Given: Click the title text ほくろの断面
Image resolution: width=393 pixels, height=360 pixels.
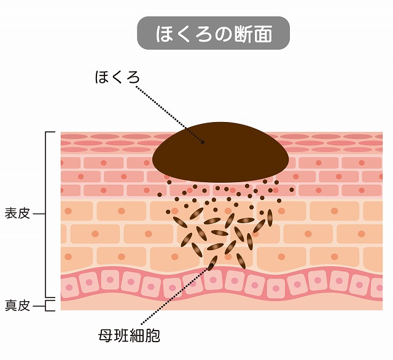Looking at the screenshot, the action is point(214,34).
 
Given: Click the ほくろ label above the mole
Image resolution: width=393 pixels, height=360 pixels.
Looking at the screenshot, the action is point(117,77).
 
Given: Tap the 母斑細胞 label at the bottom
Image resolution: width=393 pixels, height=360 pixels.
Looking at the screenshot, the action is point(129,335).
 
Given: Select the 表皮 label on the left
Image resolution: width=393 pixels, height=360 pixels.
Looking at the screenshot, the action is point(17,214).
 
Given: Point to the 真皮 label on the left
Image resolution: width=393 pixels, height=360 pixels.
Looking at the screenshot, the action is point(17,305).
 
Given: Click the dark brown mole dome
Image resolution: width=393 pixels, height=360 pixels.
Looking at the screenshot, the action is point(220,152).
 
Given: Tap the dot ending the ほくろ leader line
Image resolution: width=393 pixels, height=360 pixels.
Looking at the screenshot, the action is point(203,142).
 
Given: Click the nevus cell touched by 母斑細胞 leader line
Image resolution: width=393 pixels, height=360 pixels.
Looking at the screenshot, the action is point(213,263).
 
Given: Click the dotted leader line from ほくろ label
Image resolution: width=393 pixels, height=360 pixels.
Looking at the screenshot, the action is point(169,114).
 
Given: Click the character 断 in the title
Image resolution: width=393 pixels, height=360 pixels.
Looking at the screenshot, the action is point(244,34).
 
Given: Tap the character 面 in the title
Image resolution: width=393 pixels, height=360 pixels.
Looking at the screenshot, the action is point(263,34).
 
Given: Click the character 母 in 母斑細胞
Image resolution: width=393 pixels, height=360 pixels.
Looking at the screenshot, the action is point(106,335).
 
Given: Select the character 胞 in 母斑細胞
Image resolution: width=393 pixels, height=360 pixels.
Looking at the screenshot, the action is point(153,335).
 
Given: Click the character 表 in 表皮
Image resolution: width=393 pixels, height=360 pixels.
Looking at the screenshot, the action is point(11,214).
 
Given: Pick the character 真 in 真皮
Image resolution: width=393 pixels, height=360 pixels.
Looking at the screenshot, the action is point(11,305).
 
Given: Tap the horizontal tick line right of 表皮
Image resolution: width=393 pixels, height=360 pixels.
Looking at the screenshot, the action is point(39,214).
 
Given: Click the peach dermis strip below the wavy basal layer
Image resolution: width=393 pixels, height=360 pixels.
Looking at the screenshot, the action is point(222,304).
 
